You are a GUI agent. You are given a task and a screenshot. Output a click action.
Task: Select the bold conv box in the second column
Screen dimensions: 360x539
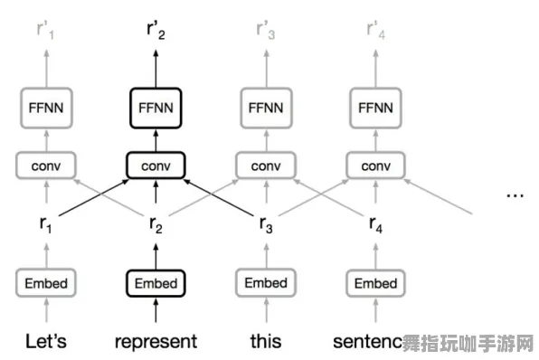click(156, 166)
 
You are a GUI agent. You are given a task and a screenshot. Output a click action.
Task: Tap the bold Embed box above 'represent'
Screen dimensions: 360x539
click(156, 283)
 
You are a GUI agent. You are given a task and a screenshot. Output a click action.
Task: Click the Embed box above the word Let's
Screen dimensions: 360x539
click(45, 283)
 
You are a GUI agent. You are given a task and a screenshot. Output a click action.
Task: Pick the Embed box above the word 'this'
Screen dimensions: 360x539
click(266, 283)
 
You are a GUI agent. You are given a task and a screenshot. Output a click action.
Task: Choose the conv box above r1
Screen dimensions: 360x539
click(45, 166)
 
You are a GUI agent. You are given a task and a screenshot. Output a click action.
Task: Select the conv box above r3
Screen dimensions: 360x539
click(266, 166)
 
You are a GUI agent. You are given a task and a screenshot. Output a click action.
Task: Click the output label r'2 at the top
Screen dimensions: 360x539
click(156, 31)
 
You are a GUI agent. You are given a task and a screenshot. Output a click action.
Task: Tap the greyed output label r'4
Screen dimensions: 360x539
click(375, 31)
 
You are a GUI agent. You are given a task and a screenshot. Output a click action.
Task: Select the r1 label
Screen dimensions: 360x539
click(45, 225)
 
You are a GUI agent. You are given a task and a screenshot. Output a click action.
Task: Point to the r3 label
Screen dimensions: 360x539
click(266, 225)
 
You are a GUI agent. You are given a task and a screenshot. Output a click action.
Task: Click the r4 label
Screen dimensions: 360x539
click(375, 225)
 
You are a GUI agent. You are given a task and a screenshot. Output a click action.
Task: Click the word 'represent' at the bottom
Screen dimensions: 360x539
click(156, 342)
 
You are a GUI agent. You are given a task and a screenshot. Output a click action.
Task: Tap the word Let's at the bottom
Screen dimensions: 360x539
click(45, 341)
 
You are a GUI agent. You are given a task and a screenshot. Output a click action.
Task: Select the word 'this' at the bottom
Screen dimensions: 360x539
click(266, 341)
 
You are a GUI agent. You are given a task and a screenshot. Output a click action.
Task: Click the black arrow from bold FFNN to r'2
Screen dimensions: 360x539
click(156, 65)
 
